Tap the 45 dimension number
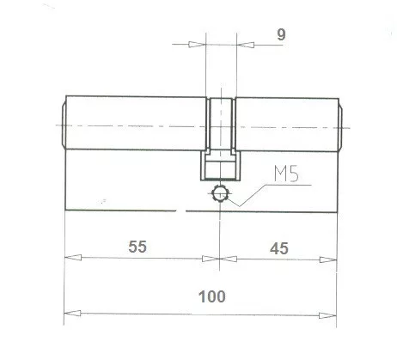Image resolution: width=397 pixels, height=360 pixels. (x=277, y=247)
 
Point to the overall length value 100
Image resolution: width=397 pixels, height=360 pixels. (x=211, y=296)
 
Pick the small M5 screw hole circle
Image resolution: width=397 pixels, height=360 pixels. (x=221, y=194)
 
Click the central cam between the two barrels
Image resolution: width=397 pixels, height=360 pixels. (x=221, y=129)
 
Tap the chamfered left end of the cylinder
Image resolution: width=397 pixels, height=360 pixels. (x=62, y=125)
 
